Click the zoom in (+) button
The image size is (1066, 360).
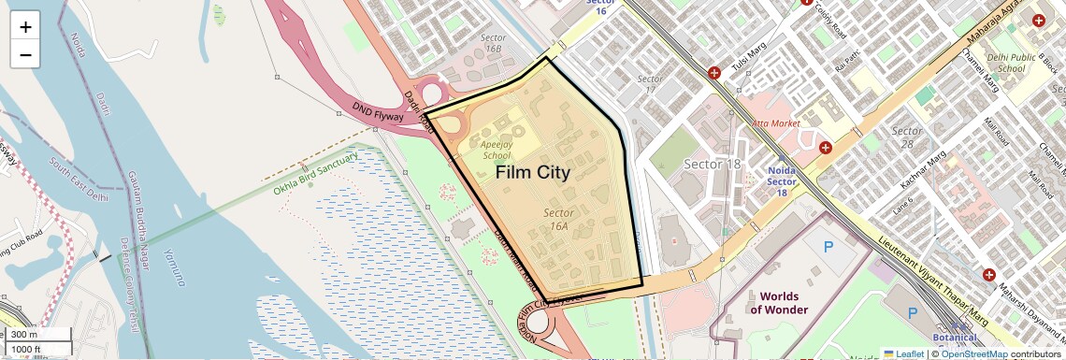coord(25,26)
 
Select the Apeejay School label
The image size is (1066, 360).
coord(496,151)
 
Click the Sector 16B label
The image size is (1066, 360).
coord(492,42)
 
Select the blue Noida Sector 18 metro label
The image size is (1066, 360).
coord(782,181)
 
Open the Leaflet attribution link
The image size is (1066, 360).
coord(903,353)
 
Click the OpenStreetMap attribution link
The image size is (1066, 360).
coord(973,353)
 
